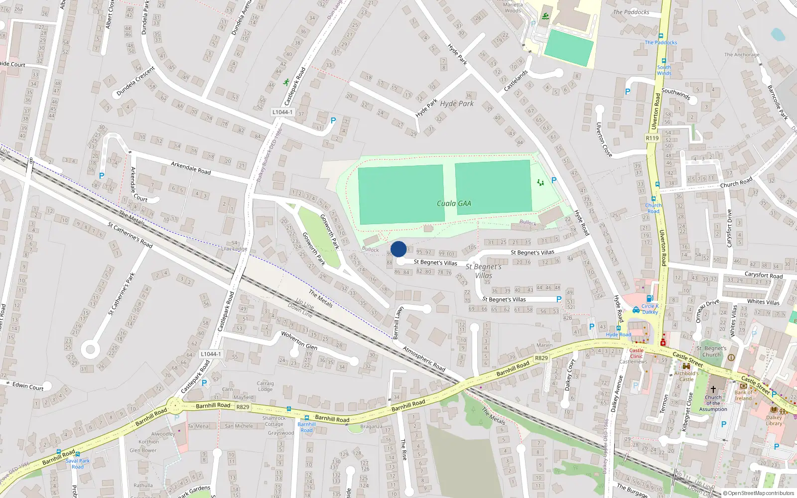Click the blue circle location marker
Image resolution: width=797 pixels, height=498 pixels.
click(x=398, y=249)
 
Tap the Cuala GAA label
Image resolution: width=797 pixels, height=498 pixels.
click(x=454, y=203)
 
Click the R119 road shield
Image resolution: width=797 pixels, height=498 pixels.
click(x=652, y=138)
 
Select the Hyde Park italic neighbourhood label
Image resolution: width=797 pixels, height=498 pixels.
click(x=457, y=104)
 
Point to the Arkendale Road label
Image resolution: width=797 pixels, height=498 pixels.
click(x=191, y=167)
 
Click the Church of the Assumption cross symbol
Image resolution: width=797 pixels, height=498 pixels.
click(x=713, y=389)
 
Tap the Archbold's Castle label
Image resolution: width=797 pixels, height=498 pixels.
click(x=686, y=376)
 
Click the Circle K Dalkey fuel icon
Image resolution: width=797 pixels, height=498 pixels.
click(x=636, y=310)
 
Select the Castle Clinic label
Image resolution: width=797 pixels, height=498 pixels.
click(x=636, y=353)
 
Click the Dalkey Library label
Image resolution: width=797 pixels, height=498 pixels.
click(x=774, y=421)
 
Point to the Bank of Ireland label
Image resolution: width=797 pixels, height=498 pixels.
click(x=743, y=395)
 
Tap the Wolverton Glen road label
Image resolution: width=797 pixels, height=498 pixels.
click(x=299, y=341)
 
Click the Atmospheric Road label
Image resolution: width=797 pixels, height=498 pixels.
click(x=424, y=359)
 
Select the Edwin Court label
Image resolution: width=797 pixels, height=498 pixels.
click(x=28, y=386)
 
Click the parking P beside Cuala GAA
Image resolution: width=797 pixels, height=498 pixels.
click(x=554, y=180)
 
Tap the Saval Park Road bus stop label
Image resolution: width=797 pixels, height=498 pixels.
click(x=78, y=464)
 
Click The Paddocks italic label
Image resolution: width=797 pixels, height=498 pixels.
click(x=631, y=12)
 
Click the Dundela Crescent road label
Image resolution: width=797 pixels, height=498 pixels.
click(x=135, y=81)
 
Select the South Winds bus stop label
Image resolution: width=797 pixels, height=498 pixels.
click(x=664, y=70)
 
